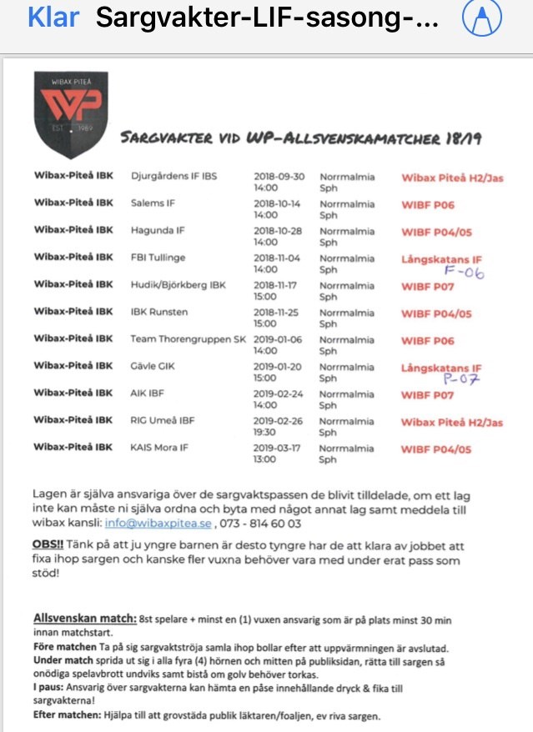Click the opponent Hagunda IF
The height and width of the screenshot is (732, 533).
(x=158, y=231)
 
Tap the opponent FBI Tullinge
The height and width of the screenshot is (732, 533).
(x=158, y=258)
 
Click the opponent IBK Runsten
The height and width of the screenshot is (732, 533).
(x=158, y=312)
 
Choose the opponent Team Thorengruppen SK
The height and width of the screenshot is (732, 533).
(x=188, y=339)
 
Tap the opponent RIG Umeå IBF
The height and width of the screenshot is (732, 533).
(x=163, y=420)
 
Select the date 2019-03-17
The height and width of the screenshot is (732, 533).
(x=278, y=448)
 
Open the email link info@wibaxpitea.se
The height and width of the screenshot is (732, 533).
(x=158, y=523)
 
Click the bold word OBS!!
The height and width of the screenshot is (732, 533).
(x=48, y=544)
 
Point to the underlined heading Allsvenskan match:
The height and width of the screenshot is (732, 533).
(x=85, y=619)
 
